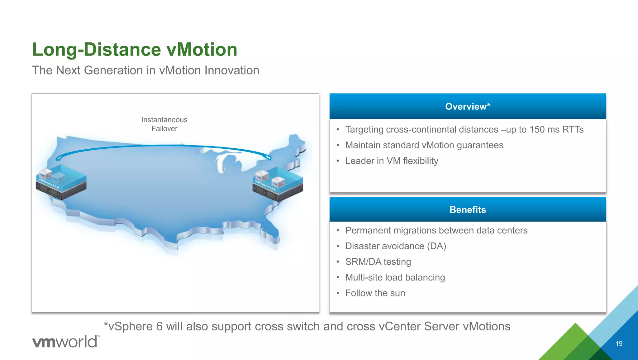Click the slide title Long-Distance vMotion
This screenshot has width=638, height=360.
(135, 50)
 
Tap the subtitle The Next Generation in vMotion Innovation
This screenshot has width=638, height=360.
(145, 70)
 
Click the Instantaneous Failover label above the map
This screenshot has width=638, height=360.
(164, 124)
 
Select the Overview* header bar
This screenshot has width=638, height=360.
(468, 106)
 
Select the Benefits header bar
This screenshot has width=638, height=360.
(468, 209)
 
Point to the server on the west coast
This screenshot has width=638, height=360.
(61, 184)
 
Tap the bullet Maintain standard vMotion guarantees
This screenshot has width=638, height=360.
(424, 145)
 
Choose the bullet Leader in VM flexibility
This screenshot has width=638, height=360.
(392, 161)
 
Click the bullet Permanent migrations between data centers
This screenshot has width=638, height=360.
(436, 230)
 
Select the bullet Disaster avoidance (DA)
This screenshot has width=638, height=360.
(396, 246)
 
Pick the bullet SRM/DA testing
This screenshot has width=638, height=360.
(378, 262)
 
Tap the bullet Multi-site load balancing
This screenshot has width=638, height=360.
(395, 277)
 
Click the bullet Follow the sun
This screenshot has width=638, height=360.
(375, 293)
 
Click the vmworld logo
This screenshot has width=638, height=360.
(66, 341)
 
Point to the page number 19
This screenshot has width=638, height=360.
(619, 343)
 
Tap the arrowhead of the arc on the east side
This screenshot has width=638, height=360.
(269, 158)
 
